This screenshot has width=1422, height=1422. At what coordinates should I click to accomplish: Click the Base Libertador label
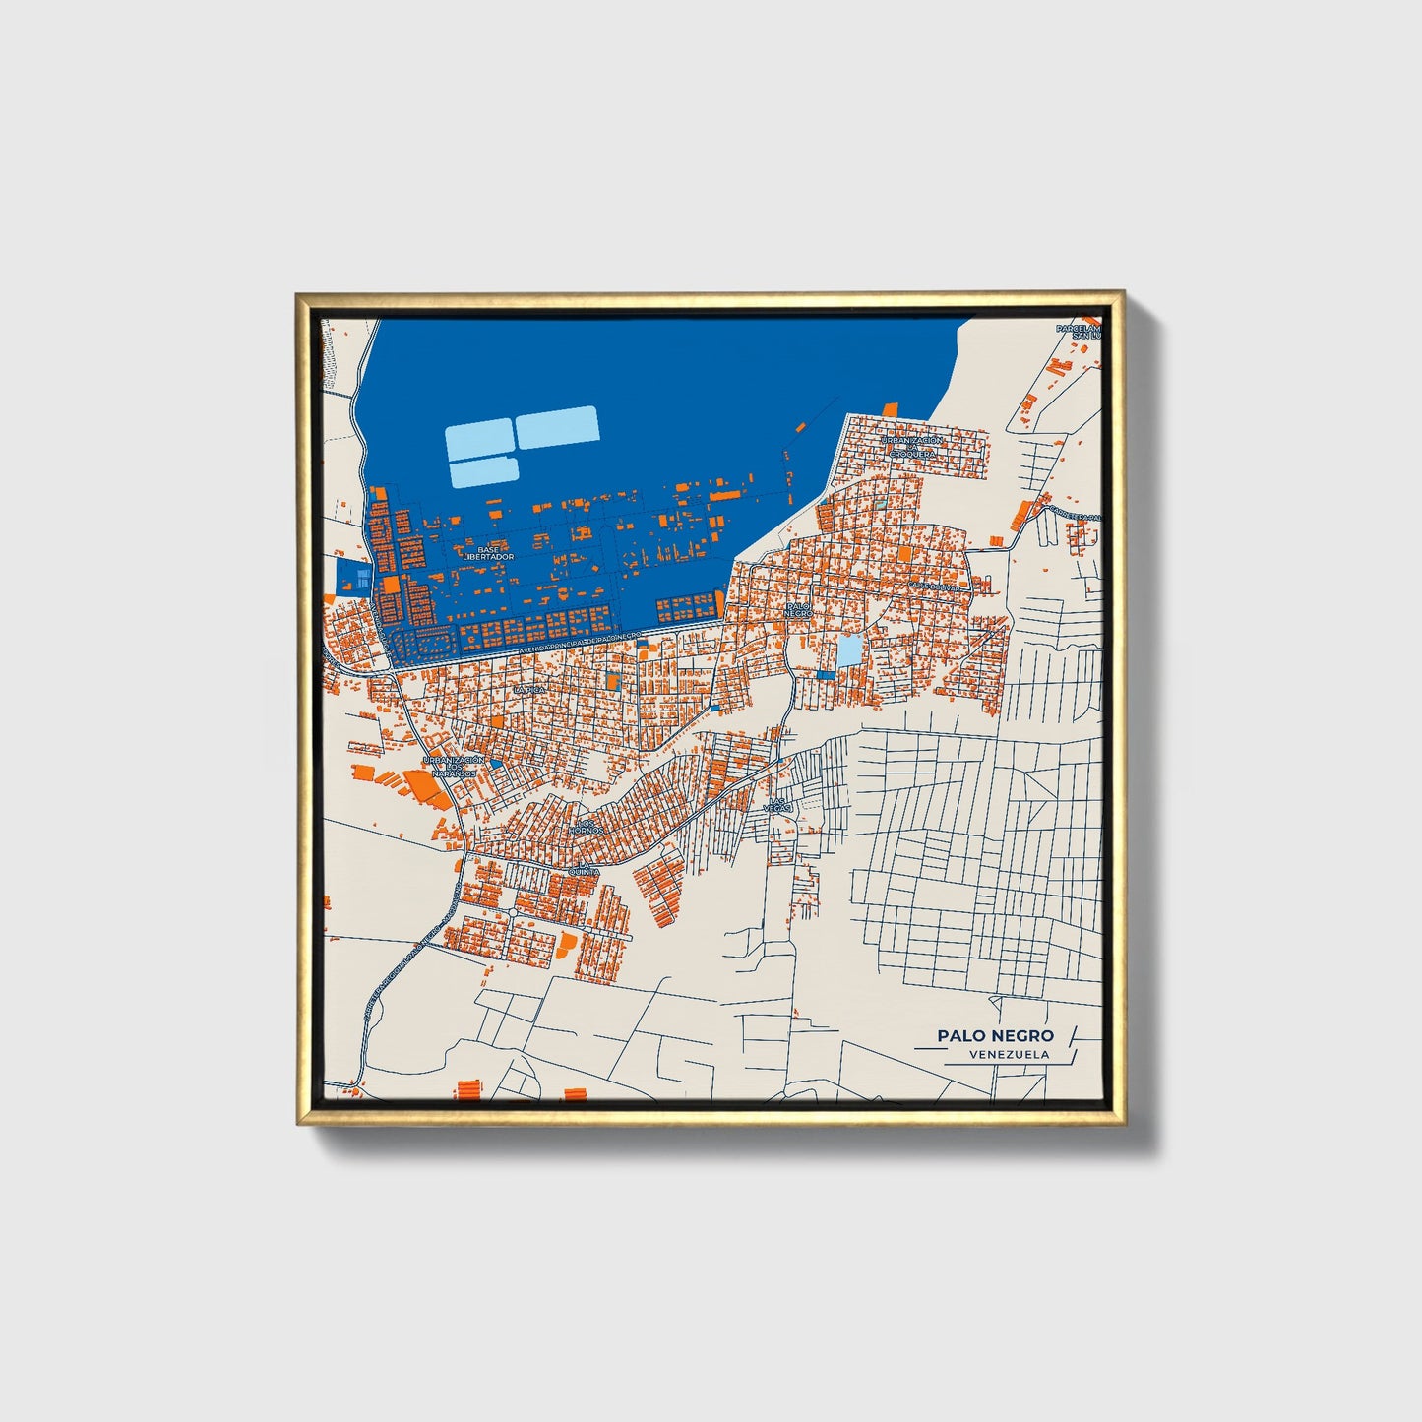488,553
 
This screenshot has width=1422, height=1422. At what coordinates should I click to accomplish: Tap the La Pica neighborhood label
528,691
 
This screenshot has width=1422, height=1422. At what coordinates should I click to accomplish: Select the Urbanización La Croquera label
911,447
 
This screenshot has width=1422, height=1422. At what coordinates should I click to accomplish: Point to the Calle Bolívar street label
935,587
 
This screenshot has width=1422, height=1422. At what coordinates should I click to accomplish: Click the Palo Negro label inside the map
798,609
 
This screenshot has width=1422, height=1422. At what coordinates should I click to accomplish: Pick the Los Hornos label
586,827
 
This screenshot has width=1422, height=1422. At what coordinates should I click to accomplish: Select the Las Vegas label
778,805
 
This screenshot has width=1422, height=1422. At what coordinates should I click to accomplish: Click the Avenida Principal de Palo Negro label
581,642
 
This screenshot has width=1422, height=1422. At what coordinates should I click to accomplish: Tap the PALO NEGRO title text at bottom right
995,1035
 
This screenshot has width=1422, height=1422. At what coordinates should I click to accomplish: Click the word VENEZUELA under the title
1009,1055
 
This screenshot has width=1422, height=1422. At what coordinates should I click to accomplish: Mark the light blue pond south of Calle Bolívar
847,650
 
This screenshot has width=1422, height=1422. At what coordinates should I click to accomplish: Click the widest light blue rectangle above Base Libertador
557,427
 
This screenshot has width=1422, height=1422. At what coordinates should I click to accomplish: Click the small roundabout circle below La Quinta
513,913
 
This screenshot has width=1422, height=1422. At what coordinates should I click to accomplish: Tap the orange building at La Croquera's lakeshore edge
891,408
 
